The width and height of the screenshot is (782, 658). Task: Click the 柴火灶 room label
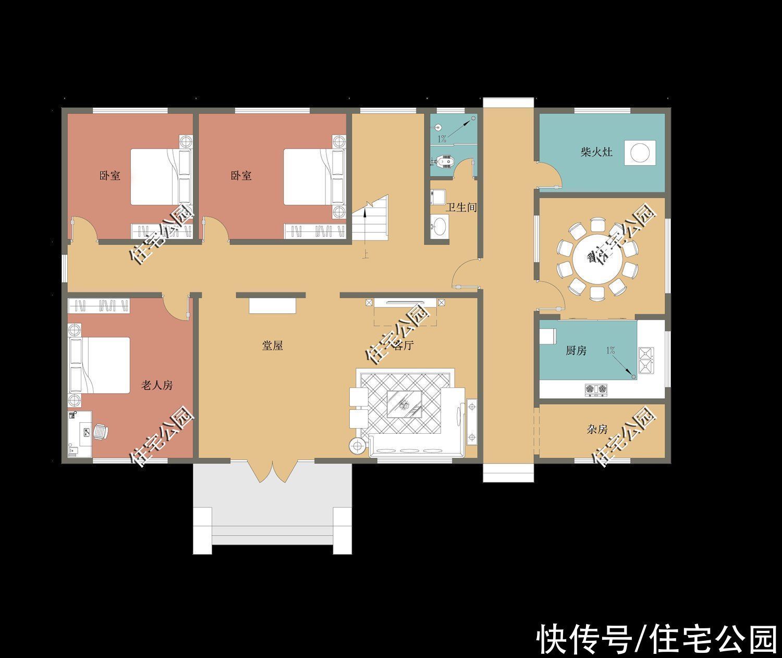pos(596,152)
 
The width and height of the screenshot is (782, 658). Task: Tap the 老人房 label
pos(157,385)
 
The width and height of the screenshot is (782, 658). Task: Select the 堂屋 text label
pos(272,345)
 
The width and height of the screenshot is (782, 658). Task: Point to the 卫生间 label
pos(461,208)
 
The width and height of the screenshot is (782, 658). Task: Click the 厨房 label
pos(576,350)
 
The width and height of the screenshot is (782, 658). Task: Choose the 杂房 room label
pos(597,430)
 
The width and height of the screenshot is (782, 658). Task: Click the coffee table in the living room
pos(406,404)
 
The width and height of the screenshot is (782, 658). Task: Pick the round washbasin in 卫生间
pos(439,226)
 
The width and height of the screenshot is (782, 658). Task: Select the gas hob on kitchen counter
pos(597,388)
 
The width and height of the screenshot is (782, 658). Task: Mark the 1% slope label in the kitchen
pos(610,350)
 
